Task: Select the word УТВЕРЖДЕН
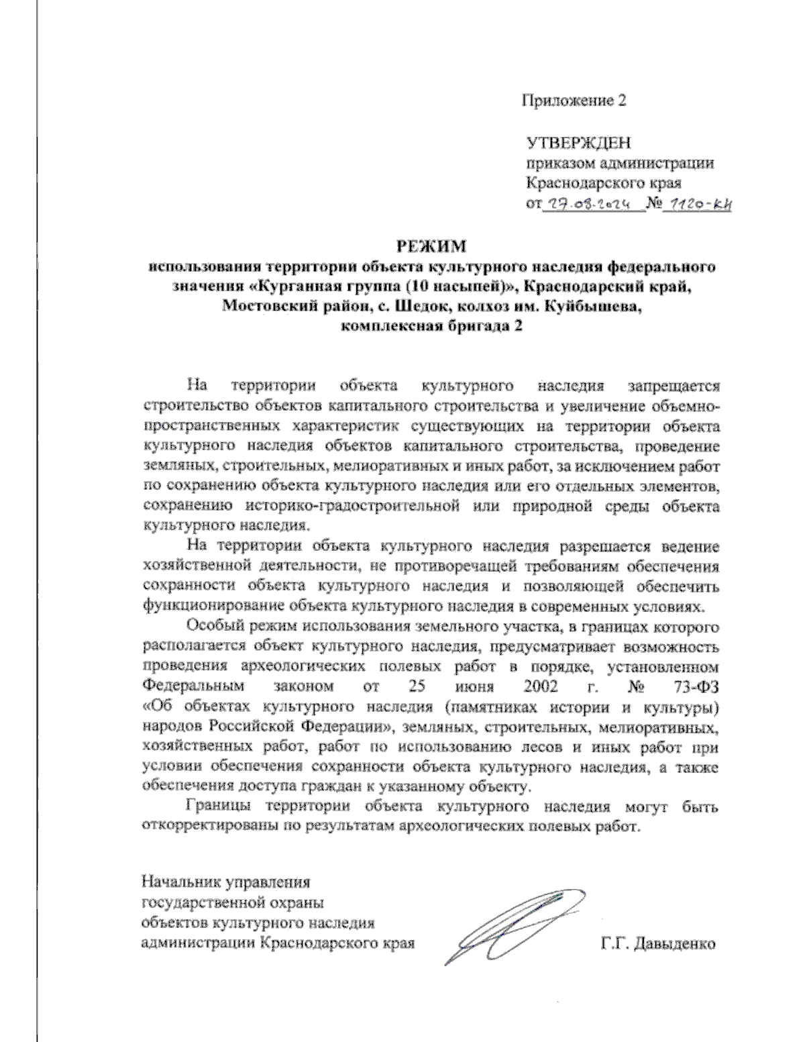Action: pyautogui.click(x=578, y=143)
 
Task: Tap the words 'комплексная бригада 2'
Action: pyautogui.click(x=430, y=327)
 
